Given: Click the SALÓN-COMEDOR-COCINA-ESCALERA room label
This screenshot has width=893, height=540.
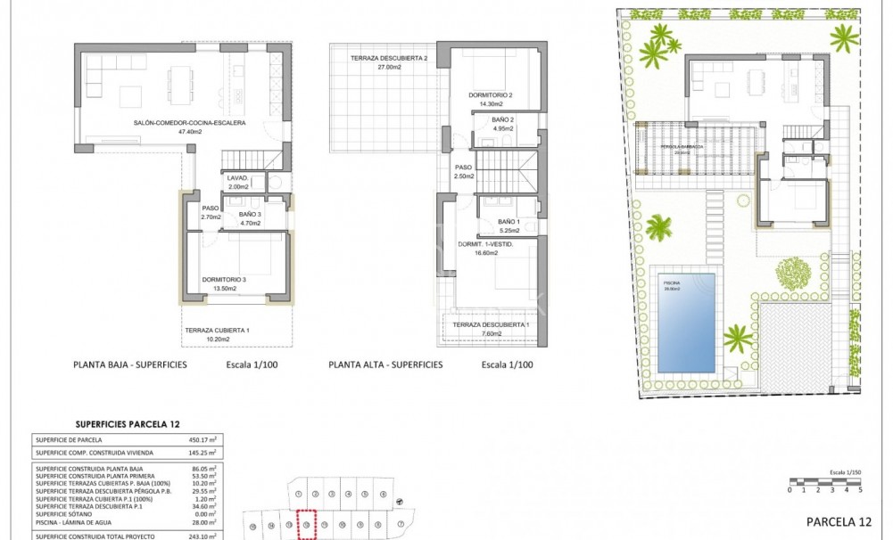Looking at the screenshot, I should (x=188, y=123).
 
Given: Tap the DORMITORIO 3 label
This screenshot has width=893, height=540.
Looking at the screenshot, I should (x=223, y=279).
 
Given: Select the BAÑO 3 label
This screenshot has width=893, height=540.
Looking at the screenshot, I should (x=250, y=214).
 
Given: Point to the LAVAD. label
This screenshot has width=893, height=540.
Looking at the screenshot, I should (x=238, y=176).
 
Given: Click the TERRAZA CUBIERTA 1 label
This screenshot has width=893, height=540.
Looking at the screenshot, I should (x=217, y=331).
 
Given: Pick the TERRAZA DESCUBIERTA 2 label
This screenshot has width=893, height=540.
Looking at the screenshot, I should (x=389, y=58).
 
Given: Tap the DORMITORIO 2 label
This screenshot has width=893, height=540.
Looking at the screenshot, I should (x=490, y=94).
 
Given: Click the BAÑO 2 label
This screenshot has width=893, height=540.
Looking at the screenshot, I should (x=502, y=119).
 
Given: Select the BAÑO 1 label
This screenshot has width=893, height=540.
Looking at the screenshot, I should (x=508, y=222).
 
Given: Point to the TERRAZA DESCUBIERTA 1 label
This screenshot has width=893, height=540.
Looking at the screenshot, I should (x=490, y=324).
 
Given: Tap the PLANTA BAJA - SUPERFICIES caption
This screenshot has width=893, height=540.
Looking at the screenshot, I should (x=129, y=364).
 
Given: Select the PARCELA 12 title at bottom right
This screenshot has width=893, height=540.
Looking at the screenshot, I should (x=839, y=521).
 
